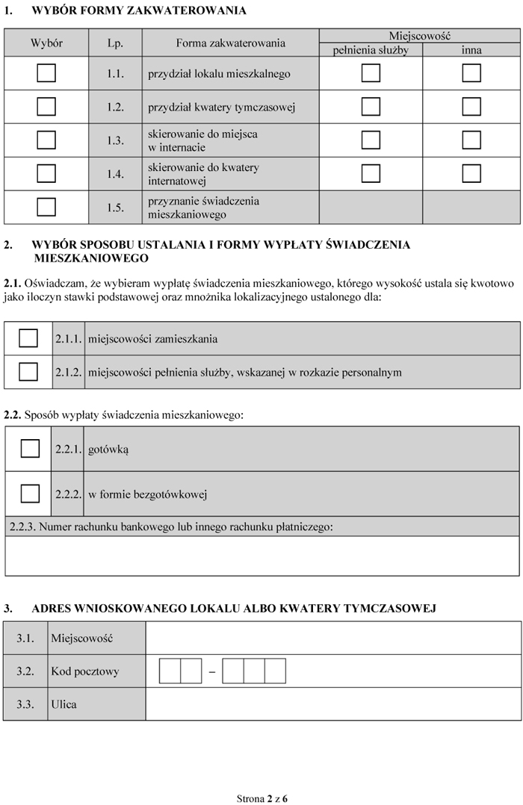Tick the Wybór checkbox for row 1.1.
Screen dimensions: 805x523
(46, 73)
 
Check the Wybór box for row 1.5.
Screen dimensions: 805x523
(46, 207)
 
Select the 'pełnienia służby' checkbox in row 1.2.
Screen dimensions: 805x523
(371, 107)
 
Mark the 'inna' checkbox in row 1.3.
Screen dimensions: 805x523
(471, 140)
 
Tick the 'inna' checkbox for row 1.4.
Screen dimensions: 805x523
(471, 173)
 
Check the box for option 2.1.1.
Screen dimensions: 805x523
(28, 338)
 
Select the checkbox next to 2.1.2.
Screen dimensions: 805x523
(28, 371)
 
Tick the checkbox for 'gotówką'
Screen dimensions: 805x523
(30, 449)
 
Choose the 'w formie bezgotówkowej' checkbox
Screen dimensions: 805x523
(30, 494)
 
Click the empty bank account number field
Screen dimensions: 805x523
(261, 556)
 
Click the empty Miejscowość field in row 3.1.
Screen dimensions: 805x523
(332, 638)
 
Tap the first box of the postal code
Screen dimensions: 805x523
(170, 671)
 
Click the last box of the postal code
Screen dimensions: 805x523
(275, 671)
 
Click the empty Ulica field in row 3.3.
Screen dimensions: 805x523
(332, 704)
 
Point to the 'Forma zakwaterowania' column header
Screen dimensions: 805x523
(230, 43)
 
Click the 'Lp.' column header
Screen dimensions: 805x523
(115, 43)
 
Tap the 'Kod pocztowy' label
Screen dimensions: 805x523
(84, 671)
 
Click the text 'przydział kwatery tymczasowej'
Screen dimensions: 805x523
(222, 107)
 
